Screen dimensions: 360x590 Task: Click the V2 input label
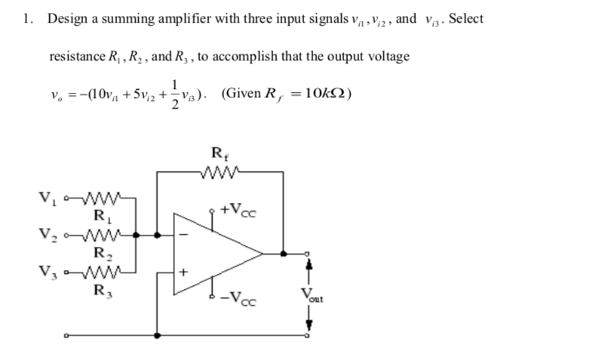(45, 234)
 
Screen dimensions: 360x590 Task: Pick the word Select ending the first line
(466, 19)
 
